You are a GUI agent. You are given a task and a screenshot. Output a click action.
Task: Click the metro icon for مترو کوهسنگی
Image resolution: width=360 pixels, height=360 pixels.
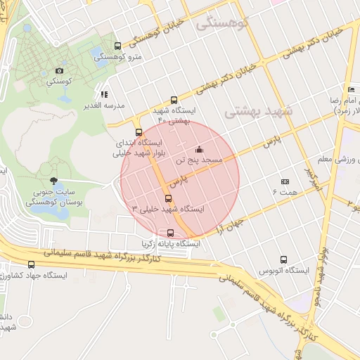(x=117, y=46)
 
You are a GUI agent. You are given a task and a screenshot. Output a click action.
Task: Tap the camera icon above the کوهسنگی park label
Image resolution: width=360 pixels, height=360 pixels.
(x=60, y=70)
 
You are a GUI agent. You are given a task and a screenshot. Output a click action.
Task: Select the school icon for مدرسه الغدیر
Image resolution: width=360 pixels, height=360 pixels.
(x=104, y=94)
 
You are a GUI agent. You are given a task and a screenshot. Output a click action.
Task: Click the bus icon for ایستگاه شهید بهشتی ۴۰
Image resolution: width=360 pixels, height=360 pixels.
(x=174, y=100)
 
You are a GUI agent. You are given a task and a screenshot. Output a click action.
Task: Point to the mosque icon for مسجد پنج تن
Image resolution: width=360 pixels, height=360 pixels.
(x=199, y=149)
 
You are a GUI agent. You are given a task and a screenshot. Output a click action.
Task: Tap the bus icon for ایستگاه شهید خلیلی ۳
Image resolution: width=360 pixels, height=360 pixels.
(x=167, y=198)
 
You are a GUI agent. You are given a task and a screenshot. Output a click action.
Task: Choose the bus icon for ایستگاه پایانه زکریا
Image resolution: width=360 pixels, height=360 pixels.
(x=170, y=233)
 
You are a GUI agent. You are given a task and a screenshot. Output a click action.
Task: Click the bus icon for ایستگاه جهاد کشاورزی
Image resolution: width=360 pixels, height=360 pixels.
(x=31, y=264)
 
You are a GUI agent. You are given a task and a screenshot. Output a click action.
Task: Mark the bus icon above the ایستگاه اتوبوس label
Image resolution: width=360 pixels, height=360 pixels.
(x=283, y=259)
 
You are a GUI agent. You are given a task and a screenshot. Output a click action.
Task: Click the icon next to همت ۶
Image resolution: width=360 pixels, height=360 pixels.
(x=285, y=181)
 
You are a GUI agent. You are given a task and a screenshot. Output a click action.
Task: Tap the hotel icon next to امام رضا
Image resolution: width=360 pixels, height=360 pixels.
(x=351, y=89)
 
